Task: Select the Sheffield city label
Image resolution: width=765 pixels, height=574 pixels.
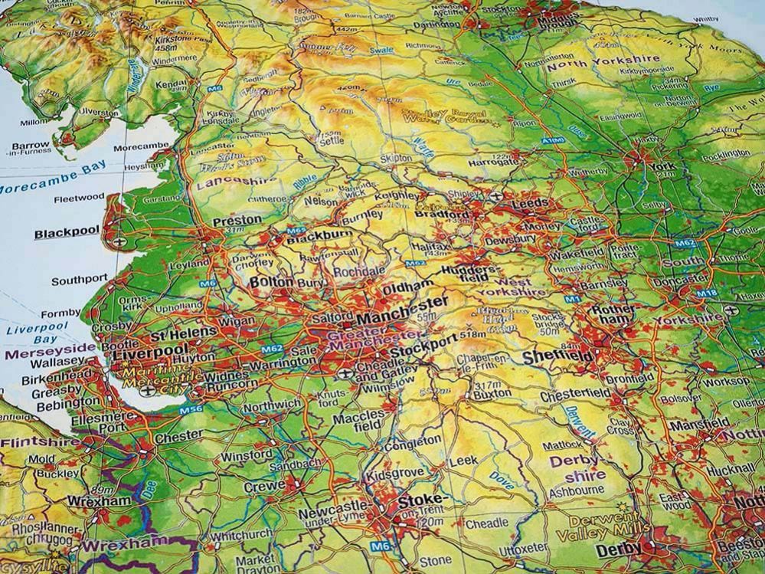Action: pos(557,356)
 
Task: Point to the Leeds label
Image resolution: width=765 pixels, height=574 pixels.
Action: pos(529,203)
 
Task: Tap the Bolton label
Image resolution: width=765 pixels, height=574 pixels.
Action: pos(271,282)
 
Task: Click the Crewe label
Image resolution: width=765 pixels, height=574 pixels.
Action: pos(264,487)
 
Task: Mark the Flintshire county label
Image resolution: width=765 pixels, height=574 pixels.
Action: pos(40,442)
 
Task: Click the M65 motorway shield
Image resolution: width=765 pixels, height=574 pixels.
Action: pos(296,231)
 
